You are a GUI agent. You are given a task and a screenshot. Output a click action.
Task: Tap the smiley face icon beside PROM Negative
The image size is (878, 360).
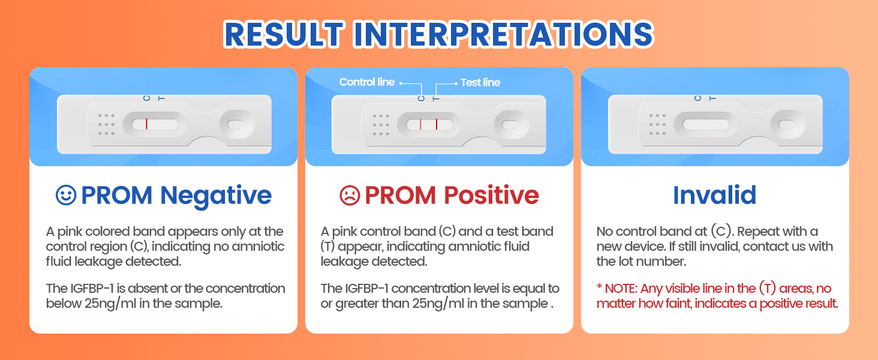point(66,195)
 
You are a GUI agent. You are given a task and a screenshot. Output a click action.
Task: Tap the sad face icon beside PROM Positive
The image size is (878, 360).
point(350,195)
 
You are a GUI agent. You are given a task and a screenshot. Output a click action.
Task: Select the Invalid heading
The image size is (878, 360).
point(714,195)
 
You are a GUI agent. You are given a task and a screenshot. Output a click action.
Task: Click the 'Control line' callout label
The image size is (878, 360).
point(366,82)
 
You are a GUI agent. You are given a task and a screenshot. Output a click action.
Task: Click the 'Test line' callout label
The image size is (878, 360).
point(480,83)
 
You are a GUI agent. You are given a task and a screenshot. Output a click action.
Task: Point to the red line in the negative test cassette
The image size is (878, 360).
point(146,124)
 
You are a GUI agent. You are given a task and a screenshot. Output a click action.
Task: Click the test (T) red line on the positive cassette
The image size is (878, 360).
point(437,124)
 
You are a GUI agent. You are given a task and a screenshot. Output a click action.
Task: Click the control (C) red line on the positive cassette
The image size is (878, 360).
point(420,124)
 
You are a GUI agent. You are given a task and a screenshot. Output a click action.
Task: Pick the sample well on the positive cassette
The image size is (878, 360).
point(512,125)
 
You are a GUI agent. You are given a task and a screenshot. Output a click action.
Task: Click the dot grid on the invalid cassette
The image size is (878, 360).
point(657,124)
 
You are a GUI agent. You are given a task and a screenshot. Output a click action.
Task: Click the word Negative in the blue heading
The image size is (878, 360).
point(216,195)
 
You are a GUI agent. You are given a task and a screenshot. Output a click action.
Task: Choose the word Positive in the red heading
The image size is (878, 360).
point(491,195)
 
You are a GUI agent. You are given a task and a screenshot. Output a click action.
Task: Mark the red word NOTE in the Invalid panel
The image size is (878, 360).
point(621,289)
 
